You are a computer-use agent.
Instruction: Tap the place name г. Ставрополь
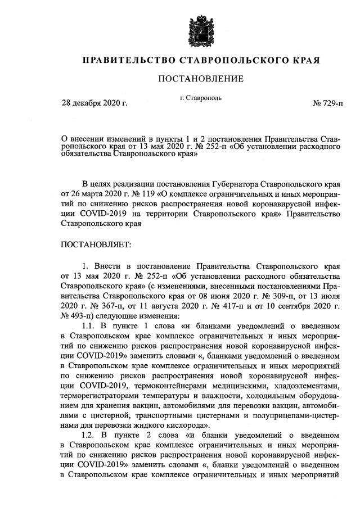(201, 98)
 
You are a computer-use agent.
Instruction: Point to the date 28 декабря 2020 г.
(94, 105)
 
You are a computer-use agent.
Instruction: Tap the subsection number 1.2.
(90, 436)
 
